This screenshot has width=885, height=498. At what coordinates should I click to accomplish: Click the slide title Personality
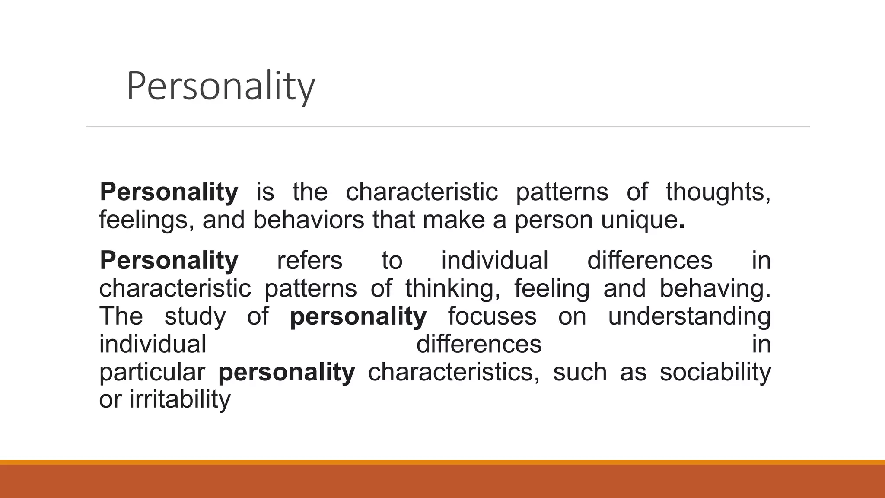[x=220, y=87]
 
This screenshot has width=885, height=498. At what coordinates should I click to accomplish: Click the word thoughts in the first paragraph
[x=718, y=192]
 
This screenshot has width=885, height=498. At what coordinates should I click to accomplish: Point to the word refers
[x=309, y=261]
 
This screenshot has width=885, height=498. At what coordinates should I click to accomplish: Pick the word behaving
[x=715, y=289]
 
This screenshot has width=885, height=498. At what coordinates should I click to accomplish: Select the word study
[x=195, y=316]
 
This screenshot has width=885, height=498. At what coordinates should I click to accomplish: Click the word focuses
[x=492, y=316]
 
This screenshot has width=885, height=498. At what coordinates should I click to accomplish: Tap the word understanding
[x=689, y=316]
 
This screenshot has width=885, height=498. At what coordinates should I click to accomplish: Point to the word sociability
[x=715, y=372]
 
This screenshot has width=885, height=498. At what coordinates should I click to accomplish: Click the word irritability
[x=180, y=400]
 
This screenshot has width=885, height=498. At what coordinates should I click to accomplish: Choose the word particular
[x=152, y=372]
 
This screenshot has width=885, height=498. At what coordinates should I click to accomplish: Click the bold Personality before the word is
[x=169, y=192]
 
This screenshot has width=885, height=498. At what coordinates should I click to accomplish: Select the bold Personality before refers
[x=169, y=261]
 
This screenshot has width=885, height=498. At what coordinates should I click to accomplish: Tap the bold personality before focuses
[x=358, y=316]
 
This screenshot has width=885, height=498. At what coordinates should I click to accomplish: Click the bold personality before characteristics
[x=287, y=372]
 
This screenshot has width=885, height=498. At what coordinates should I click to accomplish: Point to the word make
[x=454, y=220]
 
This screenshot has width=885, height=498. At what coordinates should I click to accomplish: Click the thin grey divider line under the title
[x=448, y=126]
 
